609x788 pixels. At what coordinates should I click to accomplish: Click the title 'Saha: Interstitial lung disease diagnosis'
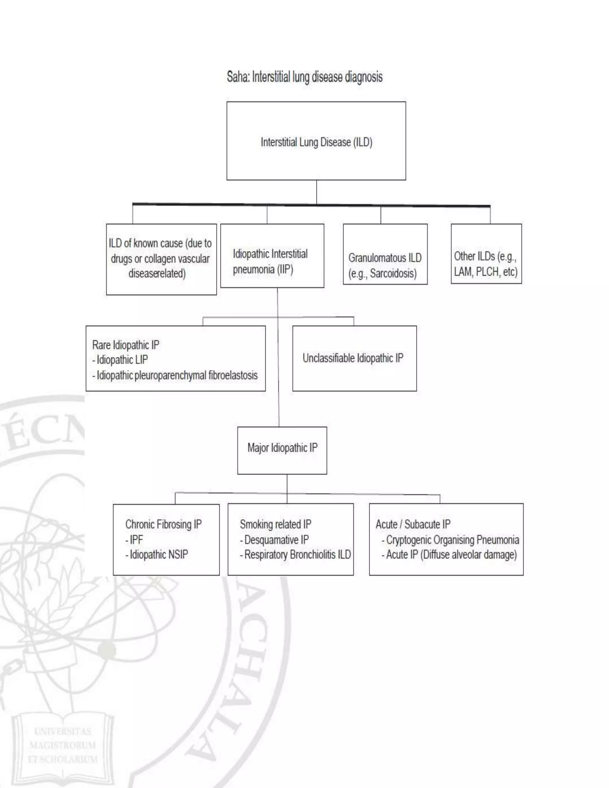(304, 77)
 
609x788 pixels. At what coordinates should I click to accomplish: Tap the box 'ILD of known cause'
(161, 259)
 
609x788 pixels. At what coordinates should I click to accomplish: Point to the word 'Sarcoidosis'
(393, 274)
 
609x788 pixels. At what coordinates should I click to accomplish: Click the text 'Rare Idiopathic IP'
(125, 345)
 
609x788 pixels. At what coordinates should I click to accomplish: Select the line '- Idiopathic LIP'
(120, 360)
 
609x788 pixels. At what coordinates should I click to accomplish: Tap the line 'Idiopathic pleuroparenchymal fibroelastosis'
(177, 375)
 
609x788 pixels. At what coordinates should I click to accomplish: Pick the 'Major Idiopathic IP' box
(282, 448)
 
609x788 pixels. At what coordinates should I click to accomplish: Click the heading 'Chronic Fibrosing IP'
(164, 524)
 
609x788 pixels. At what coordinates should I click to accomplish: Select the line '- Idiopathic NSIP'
(157, 554)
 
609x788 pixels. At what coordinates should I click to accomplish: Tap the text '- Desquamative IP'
(274, 539)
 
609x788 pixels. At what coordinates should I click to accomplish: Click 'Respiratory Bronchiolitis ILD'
(297, 554)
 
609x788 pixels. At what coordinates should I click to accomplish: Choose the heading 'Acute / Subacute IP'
(413, 524)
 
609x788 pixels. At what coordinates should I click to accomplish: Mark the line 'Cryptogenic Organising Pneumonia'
(452, 539)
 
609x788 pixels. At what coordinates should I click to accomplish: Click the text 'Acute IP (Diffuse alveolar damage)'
(451, 554)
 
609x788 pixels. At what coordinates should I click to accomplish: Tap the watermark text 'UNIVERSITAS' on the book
(62, 732)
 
